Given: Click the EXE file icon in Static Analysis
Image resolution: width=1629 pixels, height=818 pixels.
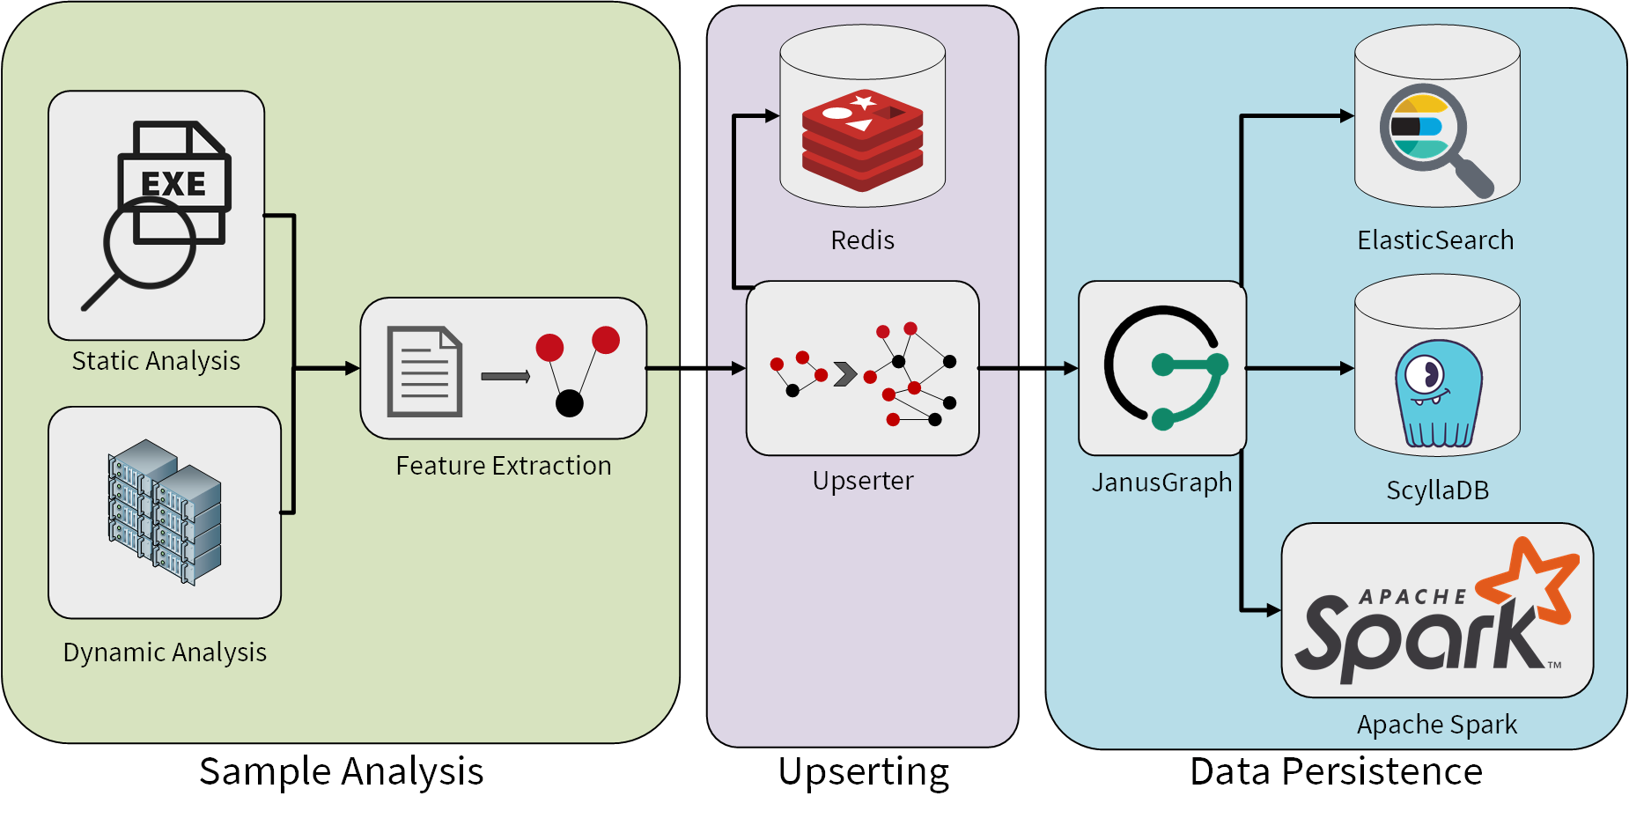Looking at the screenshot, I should tap(174, 182).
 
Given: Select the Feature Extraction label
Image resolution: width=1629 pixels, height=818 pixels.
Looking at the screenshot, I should tap(503, 466).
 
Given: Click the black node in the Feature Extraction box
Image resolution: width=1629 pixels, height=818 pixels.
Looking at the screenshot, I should tap(570, 402).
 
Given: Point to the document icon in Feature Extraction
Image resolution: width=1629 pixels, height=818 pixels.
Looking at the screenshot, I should tap(424, 372).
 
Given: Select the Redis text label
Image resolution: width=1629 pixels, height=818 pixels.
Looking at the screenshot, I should tap(862, 240).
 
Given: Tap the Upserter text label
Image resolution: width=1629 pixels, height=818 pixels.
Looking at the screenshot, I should tap(862, 481).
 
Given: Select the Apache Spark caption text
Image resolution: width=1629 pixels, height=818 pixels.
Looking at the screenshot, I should tap(1436, 725).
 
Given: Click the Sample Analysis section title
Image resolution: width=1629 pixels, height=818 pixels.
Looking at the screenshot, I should tap(341, 772).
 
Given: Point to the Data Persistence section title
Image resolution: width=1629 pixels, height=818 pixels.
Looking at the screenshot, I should tap(1335, 772).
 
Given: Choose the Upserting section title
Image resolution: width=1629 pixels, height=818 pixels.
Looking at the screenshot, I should tap(863, 772).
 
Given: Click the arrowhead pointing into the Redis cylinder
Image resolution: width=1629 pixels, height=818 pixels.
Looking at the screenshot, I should tap(772, 115).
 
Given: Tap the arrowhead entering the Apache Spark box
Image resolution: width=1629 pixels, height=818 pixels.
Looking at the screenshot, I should tap(1273, 609).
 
